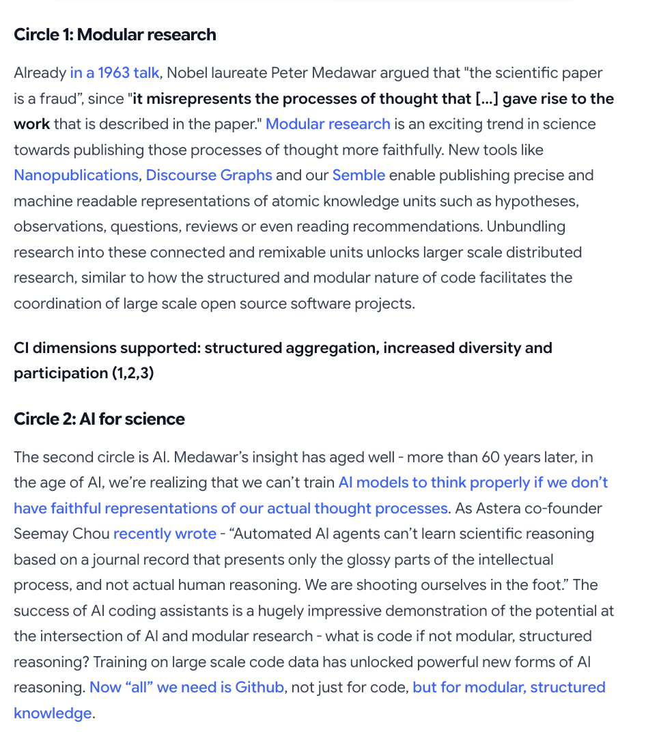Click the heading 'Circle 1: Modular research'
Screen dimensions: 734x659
click(115, 35)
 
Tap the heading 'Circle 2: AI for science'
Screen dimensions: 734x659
click(99, 419)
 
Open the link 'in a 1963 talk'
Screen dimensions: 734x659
click(114, 73)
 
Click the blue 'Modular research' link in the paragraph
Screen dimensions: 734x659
click(328, 124)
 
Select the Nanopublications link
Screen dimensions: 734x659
click(76, 175)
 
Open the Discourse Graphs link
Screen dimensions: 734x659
click(209, 175)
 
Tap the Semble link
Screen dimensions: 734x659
click(359, 175)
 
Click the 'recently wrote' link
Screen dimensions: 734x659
click(165, 534)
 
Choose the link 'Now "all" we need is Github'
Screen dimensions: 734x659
click(186, 688)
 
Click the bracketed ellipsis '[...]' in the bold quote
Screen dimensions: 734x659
click(486, 99)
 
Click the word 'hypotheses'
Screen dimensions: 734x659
click(537, 201)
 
